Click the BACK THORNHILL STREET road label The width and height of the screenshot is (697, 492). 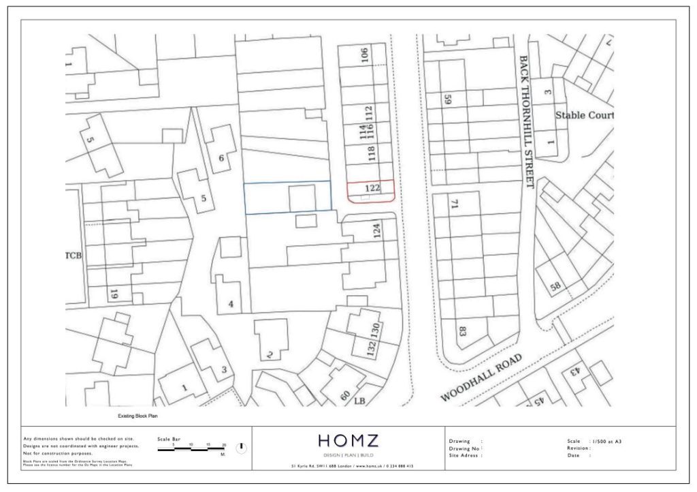tap(524, 122)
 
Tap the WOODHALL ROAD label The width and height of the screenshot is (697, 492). tap(481, 378)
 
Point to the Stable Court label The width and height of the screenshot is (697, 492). tap(584, 115)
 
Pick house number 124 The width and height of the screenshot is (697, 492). tap(376, 232)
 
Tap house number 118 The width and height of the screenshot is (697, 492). tap(372, 153)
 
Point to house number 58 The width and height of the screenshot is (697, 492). tap(556, 287)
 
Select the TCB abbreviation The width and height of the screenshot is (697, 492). tap(74, 256)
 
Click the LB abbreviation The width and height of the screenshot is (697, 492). tap(360, 401)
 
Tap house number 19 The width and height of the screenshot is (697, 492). tap(114, 294)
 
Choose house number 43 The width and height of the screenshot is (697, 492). tap(573, 371)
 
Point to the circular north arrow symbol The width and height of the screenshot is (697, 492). tap(241, 448)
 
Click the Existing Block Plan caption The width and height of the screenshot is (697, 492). tap(138, 416)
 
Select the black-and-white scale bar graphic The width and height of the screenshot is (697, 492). tap(191, 450)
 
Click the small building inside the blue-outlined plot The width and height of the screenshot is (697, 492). tap(302, 198)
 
